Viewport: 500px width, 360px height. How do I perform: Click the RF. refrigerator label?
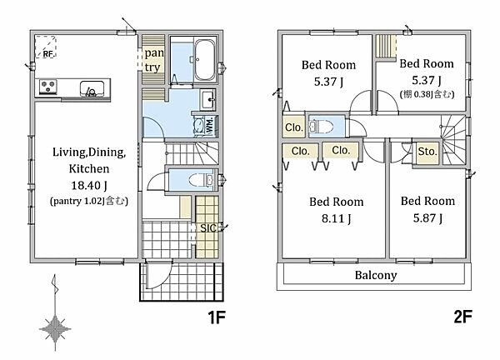click(47, 54)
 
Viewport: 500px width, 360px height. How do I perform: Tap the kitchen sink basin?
click(92, 88)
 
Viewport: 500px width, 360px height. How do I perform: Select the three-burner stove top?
click(48, 86)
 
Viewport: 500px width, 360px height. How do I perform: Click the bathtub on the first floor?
click(204, 60)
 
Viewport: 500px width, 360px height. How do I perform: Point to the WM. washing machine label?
click(209, 125)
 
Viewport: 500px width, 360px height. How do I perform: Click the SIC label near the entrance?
click(207, 228)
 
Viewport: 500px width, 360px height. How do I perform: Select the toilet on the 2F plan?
click(322, 127)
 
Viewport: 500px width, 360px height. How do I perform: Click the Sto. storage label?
click(427, 151)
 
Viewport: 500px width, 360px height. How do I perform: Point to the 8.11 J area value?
click(336, 218)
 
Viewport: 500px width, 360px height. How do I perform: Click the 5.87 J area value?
click(427, 218)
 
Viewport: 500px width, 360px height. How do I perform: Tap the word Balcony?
click(376, 275)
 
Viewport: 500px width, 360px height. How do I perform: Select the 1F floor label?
click(217, 317)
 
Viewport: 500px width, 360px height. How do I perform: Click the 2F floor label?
click(462, 317)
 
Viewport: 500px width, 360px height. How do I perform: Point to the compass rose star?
click(55, 329)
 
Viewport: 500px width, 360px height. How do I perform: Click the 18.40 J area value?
click(88, 185)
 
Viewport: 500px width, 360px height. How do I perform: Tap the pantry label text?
click(153, 60)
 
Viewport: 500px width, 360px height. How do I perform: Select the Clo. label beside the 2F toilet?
click(293, 127)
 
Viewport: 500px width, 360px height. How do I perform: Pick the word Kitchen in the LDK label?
click(89, 168)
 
